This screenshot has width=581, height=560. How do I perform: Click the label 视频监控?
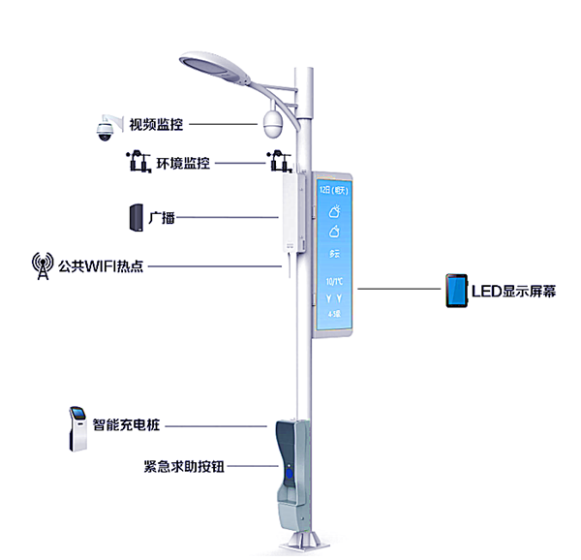point(156,124)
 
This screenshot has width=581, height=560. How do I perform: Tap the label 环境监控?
point(183,163)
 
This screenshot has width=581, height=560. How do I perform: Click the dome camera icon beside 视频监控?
point(103,128)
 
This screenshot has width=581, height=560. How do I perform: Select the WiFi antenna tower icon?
point(43,265)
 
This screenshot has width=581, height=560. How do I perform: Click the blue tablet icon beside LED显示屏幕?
point(456,291)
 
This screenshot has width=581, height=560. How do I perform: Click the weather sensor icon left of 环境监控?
point(136,161)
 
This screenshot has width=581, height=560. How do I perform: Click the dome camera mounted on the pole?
point(272,123)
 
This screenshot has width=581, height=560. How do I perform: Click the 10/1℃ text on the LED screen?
point(334,280)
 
